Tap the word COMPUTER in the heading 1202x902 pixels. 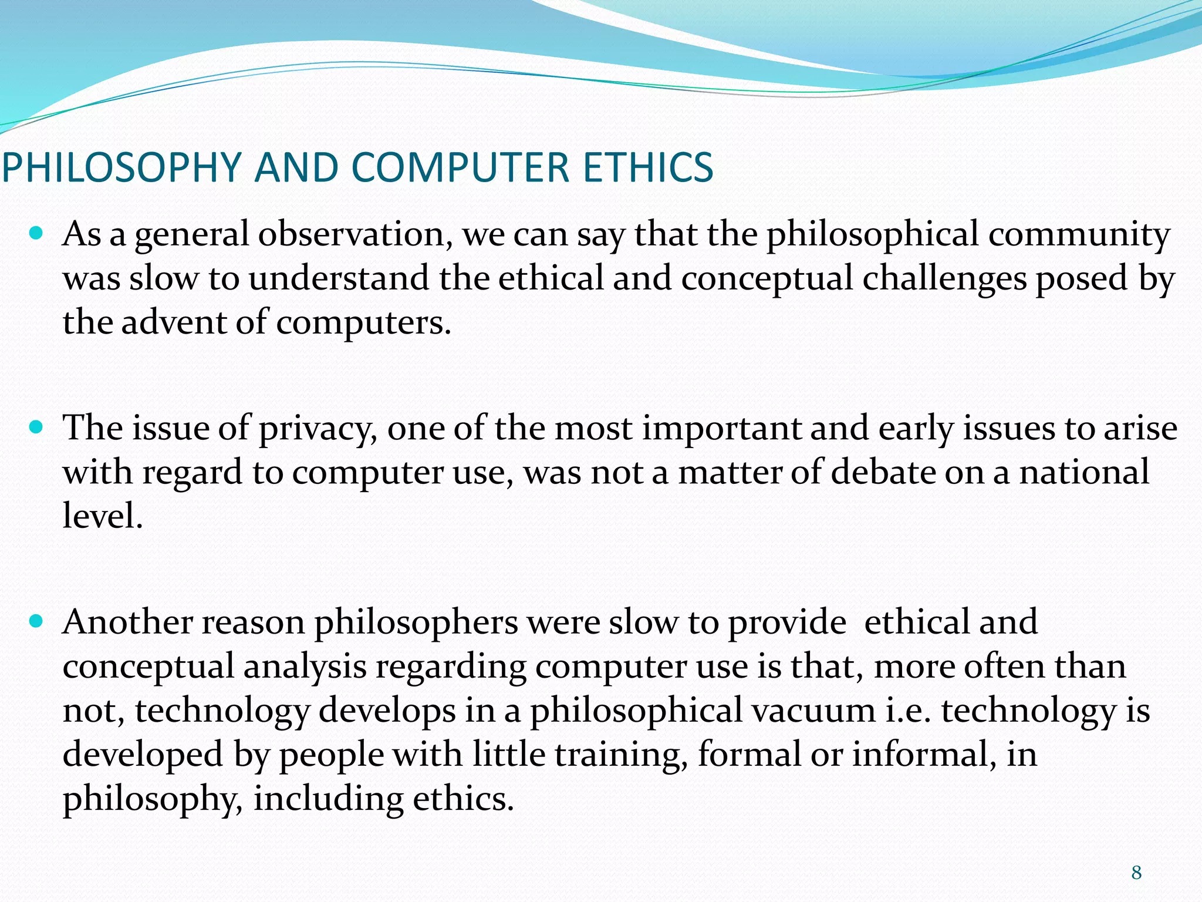pos(460,167)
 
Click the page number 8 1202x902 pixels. pos(1136,873)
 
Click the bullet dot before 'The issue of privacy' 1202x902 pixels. pos(36,428)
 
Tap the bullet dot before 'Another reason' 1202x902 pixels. pos(36,621)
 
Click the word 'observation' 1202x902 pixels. pos(355,234)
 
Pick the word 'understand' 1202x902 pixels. pos(338,278)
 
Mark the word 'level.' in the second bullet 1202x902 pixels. pos(103,516)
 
